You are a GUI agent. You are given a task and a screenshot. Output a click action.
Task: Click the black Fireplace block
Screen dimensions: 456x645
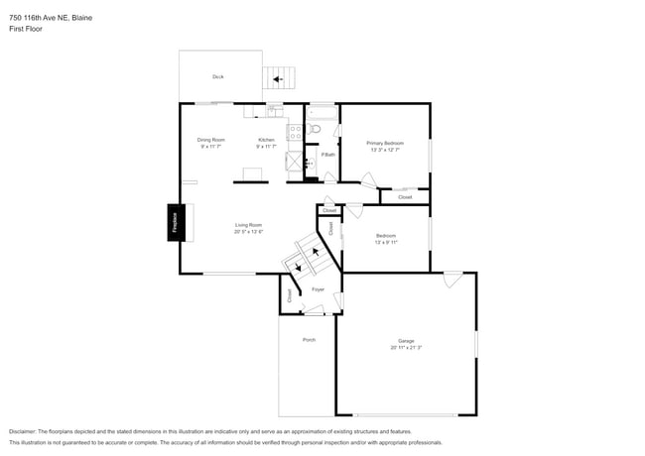(x=173, y=223)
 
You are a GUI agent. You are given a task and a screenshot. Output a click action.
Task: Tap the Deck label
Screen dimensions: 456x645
(x=217, y=76)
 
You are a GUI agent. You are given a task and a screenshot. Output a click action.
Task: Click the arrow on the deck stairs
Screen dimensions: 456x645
(x=278, y=78)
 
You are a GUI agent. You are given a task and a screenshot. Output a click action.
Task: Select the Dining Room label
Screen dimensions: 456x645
(x=210, y=140)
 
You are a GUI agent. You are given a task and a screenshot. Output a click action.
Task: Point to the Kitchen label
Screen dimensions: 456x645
(x=266, y=140)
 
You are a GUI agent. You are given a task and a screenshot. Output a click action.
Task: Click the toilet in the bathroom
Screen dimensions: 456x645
(x=315, y=129)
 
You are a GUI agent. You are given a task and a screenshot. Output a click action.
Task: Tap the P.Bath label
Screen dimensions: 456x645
(x=327, y=155)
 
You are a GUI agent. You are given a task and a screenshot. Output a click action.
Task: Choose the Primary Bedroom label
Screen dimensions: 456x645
(x=385, y=143)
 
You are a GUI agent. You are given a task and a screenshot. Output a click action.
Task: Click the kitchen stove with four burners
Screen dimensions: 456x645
(x=294, y=131)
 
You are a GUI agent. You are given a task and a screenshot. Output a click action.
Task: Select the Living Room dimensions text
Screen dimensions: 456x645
(x=248, y=232)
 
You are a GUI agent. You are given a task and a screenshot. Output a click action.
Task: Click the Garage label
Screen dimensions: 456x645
(x=406, y=341)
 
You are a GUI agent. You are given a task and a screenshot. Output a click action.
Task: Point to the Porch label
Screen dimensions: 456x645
(x=309, y=340)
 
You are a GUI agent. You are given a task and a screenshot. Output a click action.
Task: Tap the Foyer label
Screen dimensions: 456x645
(x=318, y=289)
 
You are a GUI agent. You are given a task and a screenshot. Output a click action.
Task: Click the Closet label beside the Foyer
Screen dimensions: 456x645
(x=289, y=295)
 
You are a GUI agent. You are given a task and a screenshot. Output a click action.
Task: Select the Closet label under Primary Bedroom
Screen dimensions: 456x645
(x=405, y=197)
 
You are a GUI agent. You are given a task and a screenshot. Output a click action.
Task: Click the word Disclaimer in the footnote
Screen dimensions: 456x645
(x=27, y=432)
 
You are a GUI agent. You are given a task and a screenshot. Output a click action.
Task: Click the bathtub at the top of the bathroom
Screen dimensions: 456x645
(x=322, y=111)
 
